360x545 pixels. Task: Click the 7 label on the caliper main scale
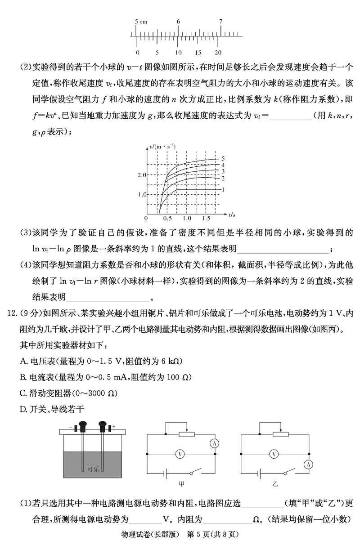(x=220, y=22)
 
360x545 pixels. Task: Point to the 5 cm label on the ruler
(x=141, y=22)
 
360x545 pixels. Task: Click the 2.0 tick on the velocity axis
(x=142, y=174)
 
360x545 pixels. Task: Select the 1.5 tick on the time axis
(x=207, y=218)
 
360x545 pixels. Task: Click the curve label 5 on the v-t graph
(x=223, y=159)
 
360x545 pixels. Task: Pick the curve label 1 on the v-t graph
(x=223, y=190)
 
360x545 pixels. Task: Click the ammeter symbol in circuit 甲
(x=215, y=443)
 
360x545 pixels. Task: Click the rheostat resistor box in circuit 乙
(x=281, y=434)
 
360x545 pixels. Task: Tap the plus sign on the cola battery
(x=114, y=426)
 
